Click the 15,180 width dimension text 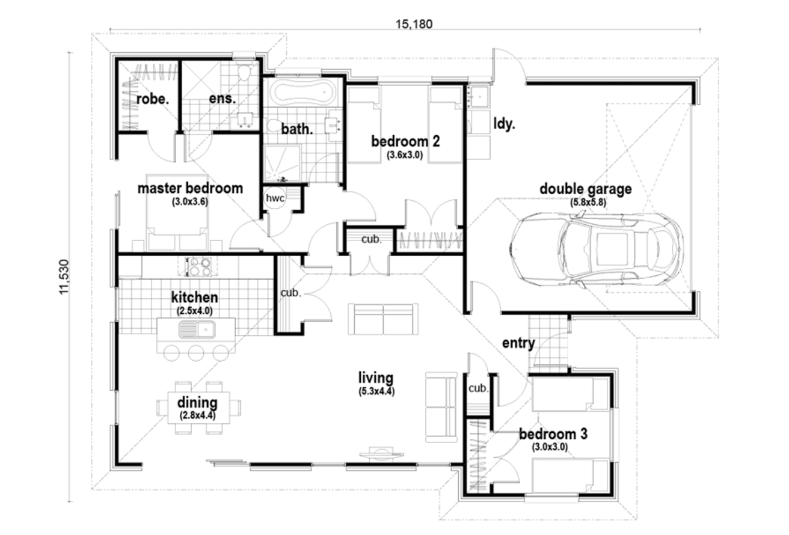(x=414, y=24)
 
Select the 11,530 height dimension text (x=64, y=277)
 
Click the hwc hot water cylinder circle (x=276, y=198)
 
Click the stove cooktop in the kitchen (x=200, y=265)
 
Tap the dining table (x=197, y=407)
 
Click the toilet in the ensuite (x=244, y=74)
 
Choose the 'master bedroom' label (x=190, y=188)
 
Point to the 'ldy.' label (x=504, y=124)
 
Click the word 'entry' (x=518, y=343)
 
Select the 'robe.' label (x=152, y=99)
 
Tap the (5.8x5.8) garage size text (x=588, y=203)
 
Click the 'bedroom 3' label (x=553, y=433)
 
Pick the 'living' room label (x=376, y=378)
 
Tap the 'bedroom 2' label (x=405, y=142)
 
